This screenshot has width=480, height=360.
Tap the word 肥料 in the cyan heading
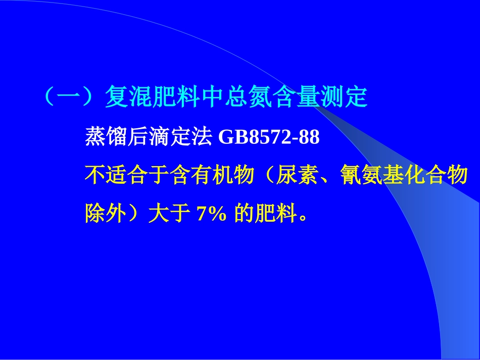[169, 98]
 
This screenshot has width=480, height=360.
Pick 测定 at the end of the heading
[343, 98]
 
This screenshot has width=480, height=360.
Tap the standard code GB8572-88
[269, 137]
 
